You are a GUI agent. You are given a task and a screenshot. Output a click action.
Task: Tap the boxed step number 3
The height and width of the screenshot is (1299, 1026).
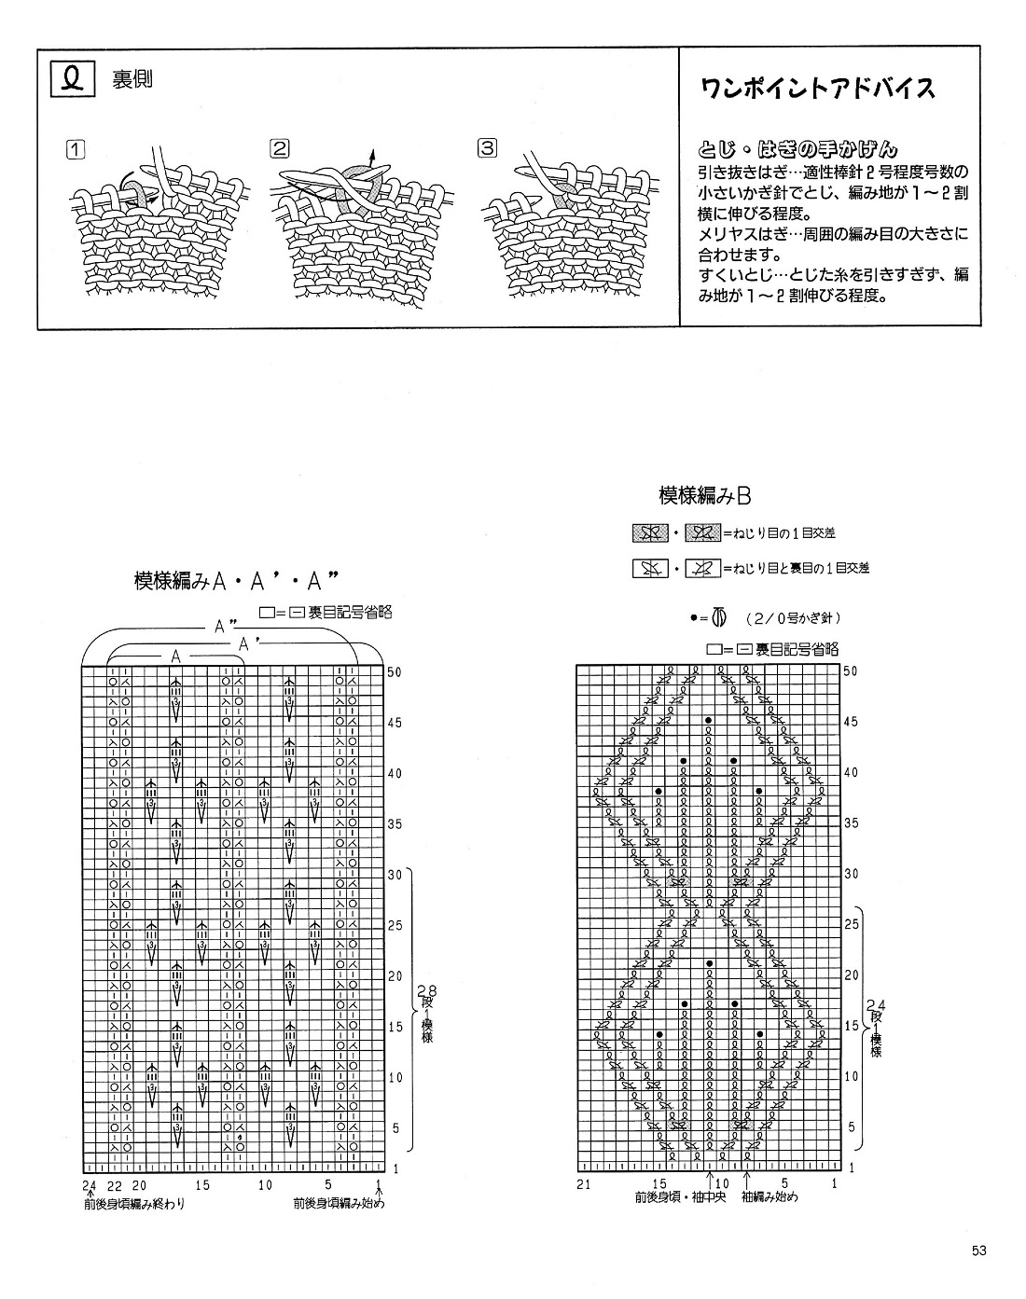486,147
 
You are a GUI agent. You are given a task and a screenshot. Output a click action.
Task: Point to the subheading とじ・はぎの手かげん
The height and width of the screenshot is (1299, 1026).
797,148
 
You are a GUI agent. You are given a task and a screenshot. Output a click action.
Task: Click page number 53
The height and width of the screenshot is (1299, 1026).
978,1251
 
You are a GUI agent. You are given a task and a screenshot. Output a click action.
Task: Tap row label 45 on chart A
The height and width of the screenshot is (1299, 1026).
395,723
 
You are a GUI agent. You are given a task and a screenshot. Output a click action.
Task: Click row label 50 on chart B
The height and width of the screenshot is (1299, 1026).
849,671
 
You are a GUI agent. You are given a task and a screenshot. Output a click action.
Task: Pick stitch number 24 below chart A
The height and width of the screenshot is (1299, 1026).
89,1185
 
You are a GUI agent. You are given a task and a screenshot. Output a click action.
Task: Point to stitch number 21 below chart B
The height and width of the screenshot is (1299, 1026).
584,1184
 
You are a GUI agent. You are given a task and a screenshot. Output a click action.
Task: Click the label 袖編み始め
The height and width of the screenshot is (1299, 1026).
770,1197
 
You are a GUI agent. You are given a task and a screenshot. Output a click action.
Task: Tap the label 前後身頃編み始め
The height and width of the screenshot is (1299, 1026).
338,1204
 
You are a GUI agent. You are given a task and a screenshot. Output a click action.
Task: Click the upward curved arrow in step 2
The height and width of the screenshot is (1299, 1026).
371,159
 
